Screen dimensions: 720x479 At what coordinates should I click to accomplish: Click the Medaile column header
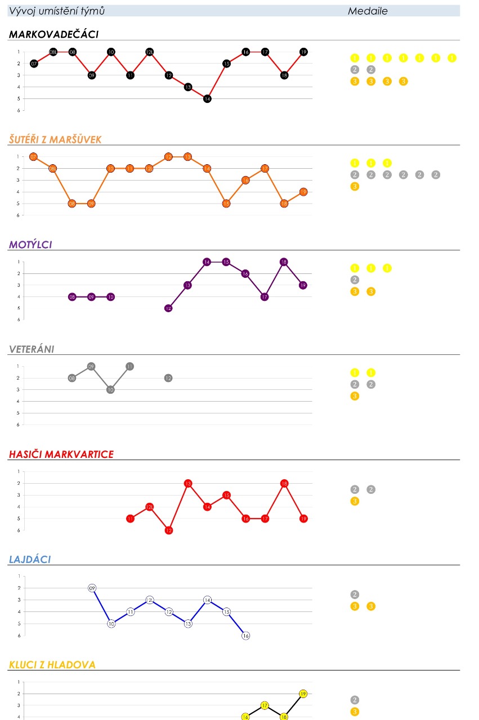[368, 11]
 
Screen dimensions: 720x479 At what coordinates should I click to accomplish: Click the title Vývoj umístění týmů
[56, 11]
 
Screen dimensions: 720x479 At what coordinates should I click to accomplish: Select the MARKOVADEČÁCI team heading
[53, 34]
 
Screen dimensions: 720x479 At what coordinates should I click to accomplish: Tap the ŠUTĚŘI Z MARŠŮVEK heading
[55, 139]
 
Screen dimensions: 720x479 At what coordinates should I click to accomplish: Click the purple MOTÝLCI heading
[30, 244]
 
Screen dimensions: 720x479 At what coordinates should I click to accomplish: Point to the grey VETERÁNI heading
[32, 349]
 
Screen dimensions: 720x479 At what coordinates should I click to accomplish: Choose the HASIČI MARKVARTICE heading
[61, 454]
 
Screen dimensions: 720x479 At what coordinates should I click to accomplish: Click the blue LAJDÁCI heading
[30, 559]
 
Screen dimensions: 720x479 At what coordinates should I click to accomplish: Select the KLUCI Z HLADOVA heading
[52, 664]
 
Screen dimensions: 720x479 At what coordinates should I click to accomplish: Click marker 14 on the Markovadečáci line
[207, 98]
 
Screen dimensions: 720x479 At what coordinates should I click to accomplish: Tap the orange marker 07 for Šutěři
[33, 157]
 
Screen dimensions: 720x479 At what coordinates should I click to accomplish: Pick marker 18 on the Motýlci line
[284, 262]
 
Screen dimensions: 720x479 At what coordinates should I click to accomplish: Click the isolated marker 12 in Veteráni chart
[168, 378]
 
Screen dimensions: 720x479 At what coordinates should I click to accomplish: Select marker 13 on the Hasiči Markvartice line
[188, 483]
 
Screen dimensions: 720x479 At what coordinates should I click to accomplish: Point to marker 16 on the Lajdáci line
[245, 636]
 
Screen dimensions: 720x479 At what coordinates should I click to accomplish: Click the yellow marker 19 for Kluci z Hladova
[303, 694]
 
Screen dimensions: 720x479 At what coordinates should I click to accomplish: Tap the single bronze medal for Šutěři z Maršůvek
[355, 187]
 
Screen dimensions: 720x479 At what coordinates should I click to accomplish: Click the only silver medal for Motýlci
[355, 280]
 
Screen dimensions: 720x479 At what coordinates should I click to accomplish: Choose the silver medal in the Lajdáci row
[355, 595]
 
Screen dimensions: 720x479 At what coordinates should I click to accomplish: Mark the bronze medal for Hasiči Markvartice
[355, 501]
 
